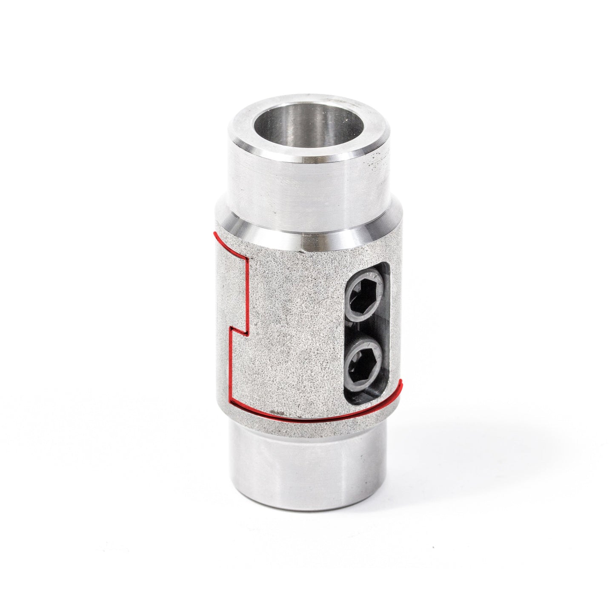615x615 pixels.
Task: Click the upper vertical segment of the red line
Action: (247, 294)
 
